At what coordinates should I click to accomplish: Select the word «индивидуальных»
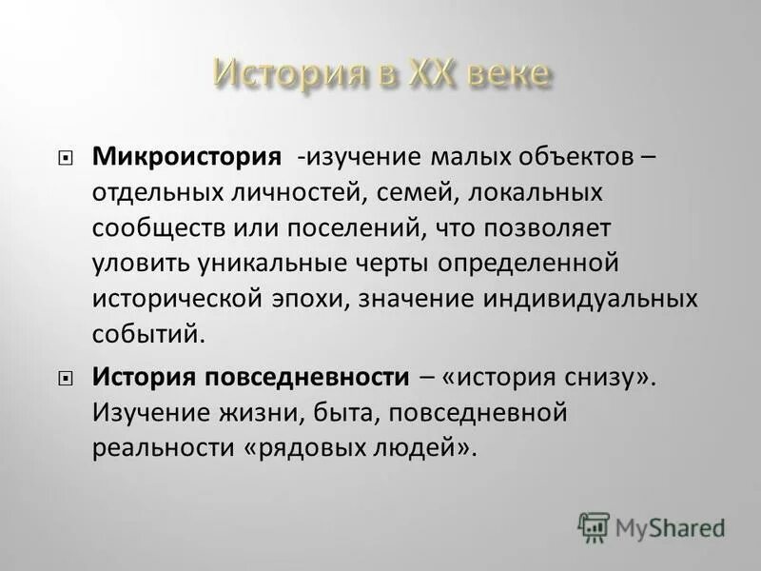[x=593, y=298]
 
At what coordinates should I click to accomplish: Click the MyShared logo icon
[x=594, y=524]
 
